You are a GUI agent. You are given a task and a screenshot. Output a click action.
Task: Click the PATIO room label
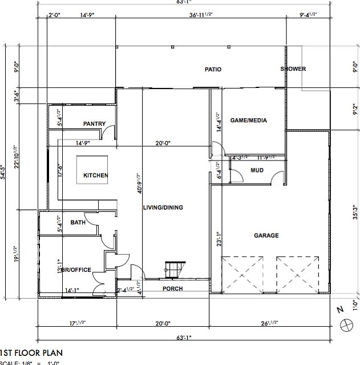213,70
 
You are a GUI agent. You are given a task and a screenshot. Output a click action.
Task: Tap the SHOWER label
293,69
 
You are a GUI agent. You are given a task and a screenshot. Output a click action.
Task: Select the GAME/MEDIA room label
248,121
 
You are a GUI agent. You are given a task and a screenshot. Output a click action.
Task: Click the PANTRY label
94,124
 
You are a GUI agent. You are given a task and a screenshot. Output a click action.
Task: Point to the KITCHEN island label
95,175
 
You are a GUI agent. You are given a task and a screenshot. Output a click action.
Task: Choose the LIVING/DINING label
163,207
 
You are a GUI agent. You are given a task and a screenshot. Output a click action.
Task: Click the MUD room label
257,171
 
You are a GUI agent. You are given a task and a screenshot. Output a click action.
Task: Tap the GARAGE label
266,235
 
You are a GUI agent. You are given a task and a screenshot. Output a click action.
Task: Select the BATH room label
78,222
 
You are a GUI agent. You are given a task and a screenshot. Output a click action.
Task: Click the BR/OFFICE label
74,270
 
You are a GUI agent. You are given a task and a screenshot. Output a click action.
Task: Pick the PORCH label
172,289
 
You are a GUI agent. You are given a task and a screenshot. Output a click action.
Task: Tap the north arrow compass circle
346,324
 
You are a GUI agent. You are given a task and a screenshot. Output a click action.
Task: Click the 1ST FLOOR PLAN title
31,353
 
